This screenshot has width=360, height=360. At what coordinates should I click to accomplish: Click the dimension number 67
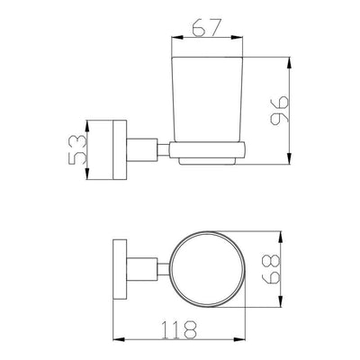click(207, 28)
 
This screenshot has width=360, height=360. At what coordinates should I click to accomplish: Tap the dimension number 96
click(279, 110)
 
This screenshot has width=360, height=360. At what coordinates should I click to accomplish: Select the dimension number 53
click(77, 149)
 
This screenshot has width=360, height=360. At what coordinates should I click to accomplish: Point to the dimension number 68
click(271, 269)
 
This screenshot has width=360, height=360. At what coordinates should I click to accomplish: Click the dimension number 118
click(179, 330)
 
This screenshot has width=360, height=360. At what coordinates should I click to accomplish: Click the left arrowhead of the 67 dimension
click(176, 38)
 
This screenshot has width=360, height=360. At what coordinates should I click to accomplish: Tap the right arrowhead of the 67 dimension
click(237, 38)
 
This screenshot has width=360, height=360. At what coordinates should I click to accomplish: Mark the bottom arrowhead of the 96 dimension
click(289, 158)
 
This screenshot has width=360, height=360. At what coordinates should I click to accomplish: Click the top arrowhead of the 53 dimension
click(87, 126)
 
